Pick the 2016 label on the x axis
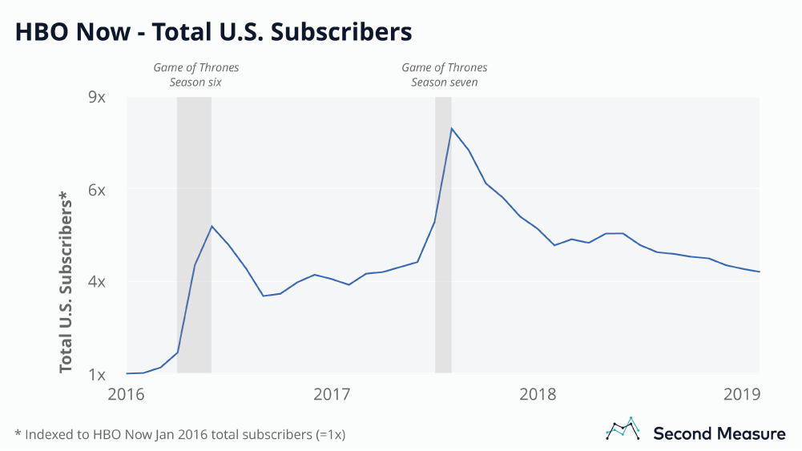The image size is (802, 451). coord(126,394)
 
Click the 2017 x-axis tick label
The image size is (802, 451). coord(332,394)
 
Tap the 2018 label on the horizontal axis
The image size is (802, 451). coord(538,394)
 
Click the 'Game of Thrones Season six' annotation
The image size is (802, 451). coord(195,74)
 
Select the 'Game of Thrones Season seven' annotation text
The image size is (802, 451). coord(444,74)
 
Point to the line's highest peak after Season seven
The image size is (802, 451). coord(452,128)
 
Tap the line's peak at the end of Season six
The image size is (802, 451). coord(212,226)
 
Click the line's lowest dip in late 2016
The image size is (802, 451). coord(263,296)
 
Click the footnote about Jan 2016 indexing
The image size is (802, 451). coord(180,434)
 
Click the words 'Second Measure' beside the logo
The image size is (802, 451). coord(719,433)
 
